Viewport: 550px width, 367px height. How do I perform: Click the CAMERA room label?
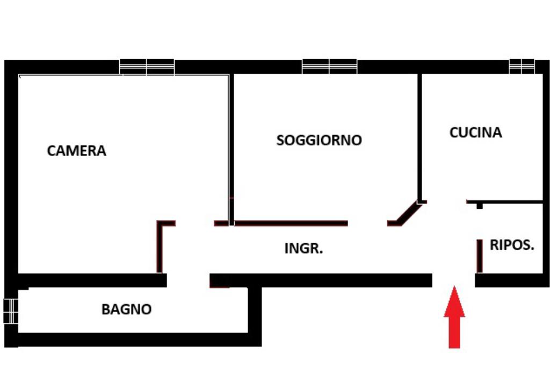coord(77,151)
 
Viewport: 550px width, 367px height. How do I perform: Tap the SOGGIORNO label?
coord(319,140)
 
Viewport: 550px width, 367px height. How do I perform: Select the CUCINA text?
coord(475,132)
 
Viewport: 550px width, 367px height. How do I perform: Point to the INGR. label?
coord(303,249)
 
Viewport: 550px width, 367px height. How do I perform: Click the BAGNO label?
coord(127,309)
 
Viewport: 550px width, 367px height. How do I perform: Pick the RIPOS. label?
coord(512,245)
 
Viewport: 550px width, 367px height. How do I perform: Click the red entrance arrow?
coord(454,317)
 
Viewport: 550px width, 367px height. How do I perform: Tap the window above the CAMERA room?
coord(147,67)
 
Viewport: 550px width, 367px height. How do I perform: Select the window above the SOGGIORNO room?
coord(330,67)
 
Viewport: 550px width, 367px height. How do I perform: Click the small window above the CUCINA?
coord(522,66)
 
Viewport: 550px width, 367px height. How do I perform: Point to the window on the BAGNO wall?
coord(10,311)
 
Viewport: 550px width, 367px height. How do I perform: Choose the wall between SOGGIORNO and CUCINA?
coord(419,137)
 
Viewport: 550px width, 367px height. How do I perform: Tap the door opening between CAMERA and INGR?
coord(194,223)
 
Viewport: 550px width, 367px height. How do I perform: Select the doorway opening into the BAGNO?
coord(188,280)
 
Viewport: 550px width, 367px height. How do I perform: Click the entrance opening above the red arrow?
coord(454,280)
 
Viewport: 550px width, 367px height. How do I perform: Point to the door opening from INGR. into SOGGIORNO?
coord(367,223)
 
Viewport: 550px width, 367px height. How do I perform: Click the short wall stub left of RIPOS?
coord(479,256)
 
